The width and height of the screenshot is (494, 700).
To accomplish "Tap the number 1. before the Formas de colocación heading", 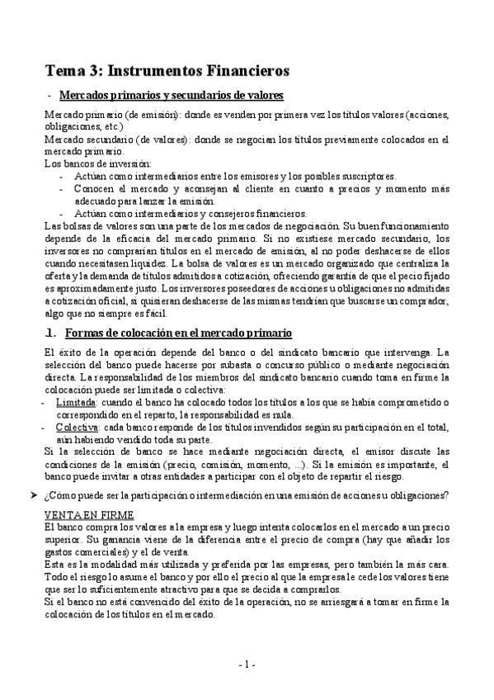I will pyautogui.click(x=49, y=333).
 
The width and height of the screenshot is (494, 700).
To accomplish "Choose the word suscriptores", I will pyautogui.click(x=369, y=176).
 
